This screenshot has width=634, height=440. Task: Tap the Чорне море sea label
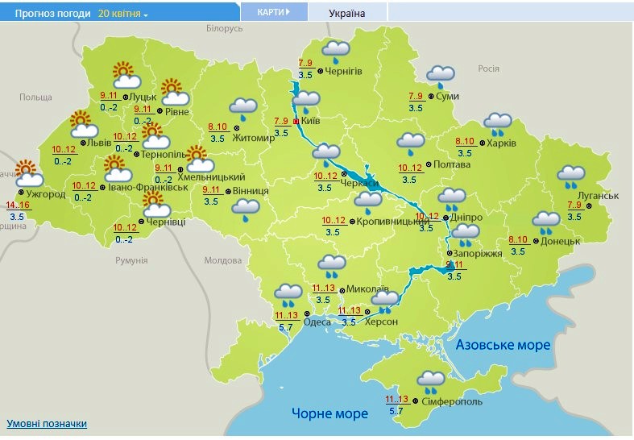[329, 413]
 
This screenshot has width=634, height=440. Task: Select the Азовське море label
[503, 345]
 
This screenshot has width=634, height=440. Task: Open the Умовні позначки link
[47, 424]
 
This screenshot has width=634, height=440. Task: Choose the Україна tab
[347, 14]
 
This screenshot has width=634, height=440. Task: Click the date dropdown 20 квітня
[122, 14]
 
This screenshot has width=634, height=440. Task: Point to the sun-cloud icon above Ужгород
[27, 172]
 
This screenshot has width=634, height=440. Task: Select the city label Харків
[501, 143]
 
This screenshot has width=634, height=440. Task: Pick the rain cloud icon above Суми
[441, 76]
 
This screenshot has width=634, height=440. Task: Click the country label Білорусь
[224, 28]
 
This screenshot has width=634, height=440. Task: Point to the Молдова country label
[222, 260]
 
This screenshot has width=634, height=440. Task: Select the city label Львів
[99, 143]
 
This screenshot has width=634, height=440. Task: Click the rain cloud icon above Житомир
[242, 108]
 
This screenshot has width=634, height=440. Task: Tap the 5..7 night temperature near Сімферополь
[396, 411]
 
